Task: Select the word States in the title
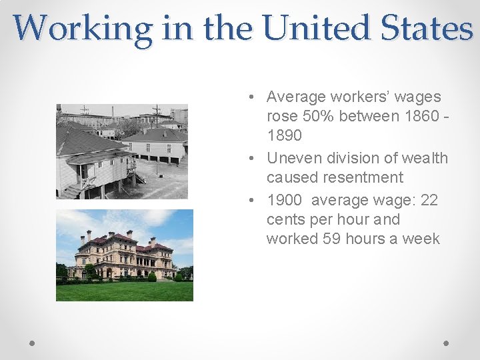pyautogui.click(x=434, y=28)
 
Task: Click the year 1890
pyautogui.click(x=284, y=135)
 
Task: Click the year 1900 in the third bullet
pyautogui.click(x=284, y=200)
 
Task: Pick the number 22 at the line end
pyautogui.click(x=428, y=200)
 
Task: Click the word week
pyautogui.click(x=421, y=239)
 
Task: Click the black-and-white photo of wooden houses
pyautogui.click(x=122, y=151)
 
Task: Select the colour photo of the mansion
pyautogui.click(x=125, y=255)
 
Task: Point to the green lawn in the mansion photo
pyautogui.click(x=125, y=291)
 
